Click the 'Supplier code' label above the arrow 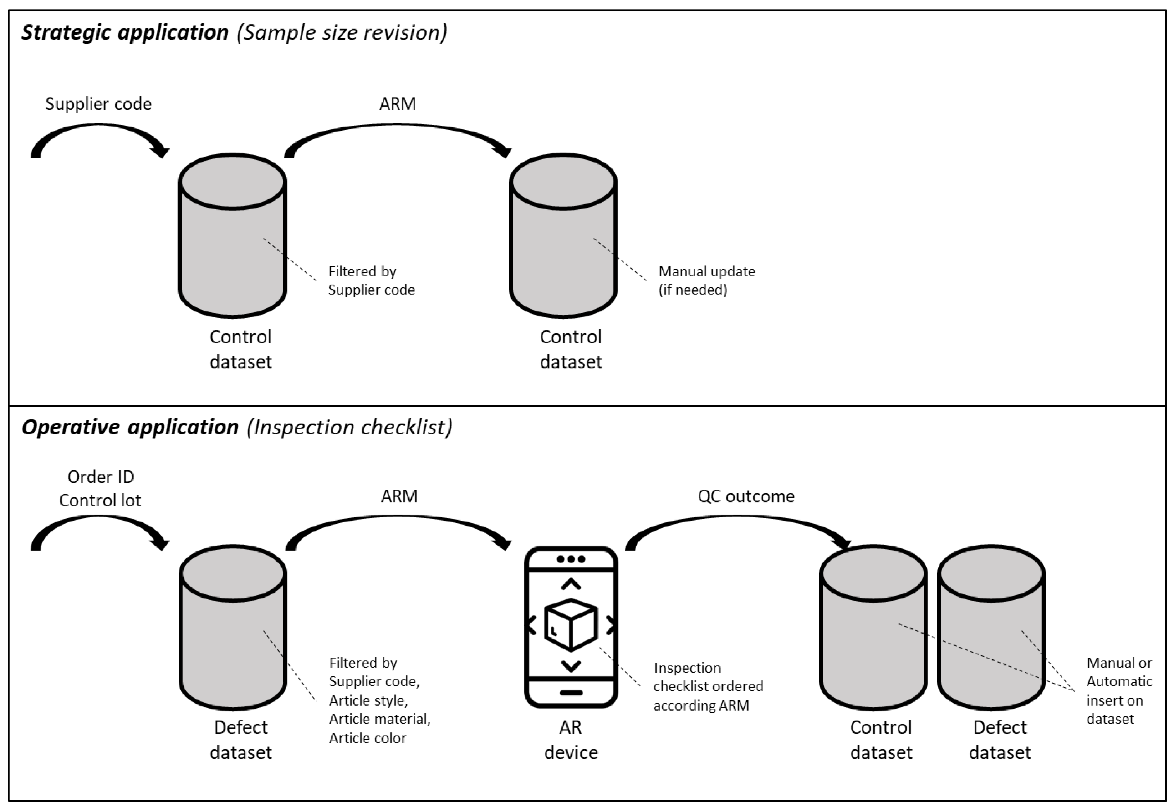coord(99,104)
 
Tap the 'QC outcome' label coord(746,496)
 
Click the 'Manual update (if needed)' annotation coord(706,280)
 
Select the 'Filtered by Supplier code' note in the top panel coord(371,280)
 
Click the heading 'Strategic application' coord(125,32)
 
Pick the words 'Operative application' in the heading coord(130,427)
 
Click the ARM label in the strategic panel coord(397,104)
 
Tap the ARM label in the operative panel coord(399,496)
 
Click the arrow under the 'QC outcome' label coord(737,523)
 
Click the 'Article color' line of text coord(367,738)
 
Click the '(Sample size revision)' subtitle coord(342,32)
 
